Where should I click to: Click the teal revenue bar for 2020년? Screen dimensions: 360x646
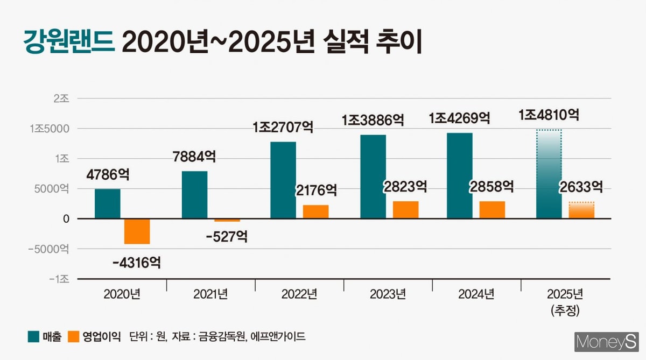[x=108, y=203]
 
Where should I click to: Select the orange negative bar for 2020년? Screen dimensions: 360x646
[x=137, y=231]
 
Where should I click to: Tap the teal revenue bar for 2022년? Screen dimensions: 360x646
[x=283, y=180]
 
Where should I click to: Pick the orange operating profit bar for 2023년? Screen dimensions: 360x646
[x=405, y=210]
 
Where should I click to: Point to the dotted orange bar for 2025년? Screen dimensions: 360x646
[x=581, y=210]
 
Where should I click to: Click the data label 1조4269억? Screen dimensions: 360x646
[x=459, y=118]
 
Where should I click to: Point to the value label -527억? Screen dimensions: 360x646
[x=227, y=236]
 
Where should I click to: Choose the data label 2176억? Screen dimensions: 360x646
[x=316, y=190]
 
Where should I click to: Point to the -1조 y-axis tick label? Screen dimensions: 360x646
[x=59, y=279]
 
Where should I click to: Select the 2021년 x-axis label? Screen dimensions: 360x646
[x=210, y=294]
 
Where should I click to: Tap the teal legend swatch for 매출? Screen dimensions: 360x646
[x=33, y=337]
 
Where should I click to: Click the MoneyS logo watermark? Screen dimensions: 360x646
[x=606, y=342]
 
